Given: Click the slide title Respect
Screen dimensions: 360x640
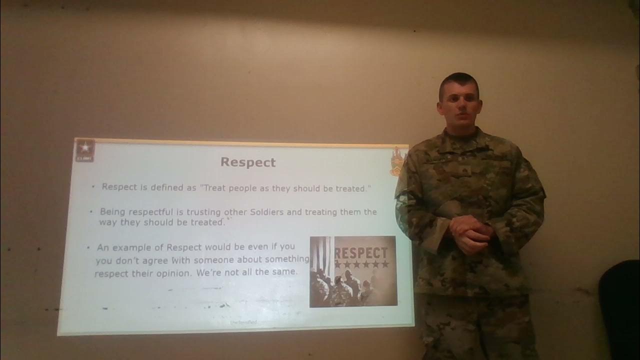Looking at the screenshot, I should point(248,162).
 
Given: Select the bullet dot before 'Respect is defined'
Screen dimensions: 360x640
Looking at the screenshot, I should point(93,187).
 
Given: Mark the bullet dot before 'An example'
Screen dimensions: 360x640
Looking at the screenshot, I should point(88,247).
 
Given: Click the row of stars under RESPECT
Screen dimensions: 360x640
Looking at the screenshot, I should point(361,264).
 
